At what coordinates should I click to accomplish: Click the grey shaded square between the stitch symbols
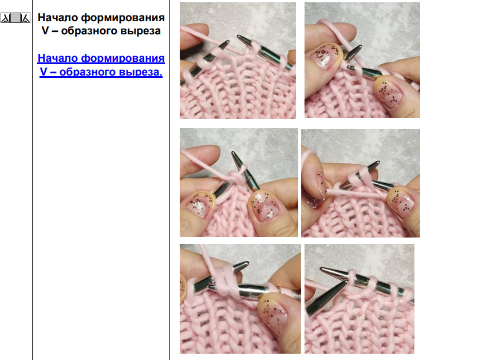(15, 18)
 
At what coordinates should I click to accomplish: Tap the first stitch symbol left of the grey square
(6, 18)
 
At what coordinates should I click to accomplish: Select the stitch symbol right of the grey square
(25, 18)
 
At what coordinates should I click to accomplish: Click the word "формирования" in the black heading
(123, 18)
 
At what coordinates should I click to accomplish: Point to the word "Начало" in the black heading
(58, 18)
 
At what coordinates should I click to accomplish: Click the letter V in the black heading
(45, 31)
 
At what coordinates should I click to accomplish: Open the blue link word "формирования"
(123, 58)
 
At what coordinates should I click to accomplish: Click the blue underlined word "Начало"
(58, 58)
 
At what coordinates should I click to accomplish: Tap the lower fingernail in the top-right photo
(388, 91)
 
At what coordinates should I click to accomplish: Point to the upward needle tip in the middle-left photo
(234, 154)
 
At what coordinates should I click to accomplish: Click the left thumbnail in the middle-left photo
(200, 204)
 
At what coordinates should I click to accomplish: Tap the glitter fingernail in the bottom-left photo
(274, 312)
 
